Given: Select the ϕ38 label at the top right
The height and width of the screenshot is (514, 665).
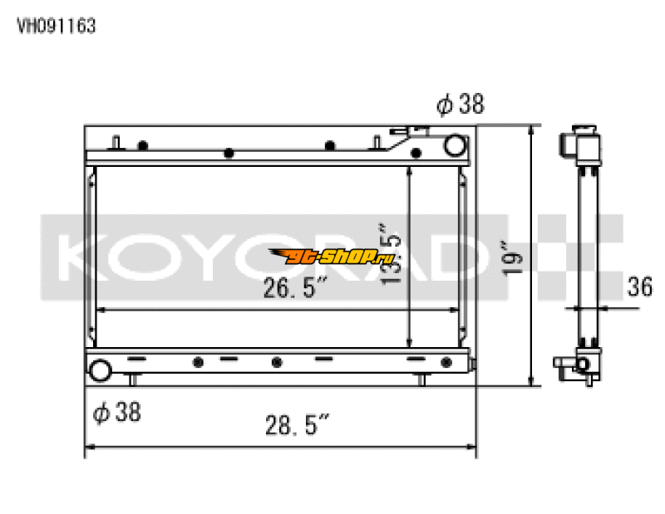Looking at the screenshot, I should (x=460, y=105).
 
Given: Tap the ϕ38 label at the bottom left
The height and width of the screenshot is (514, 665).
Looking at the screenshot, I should (x=116, y=411).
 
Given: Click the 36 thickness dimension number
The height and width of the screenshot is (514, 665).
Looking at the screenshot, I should (x=639, y=287).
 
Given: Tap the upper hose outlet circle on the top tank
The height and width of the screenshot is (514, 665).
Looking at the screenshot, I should (x=455, y=146).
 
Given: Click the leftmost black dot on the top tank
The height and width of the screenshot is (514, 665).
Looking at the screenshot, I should (x=143, y=145).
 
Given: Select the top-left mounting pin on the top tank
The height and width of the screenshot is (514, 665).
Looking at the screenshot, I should (x=116, y=141).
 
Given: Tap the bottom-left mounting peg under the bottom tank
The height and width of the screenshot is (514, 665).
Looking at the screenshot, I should (x=131, y=381).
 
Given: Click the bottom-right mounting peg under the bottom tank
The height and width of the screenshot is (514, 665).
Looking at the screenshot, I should (x=421, y=381).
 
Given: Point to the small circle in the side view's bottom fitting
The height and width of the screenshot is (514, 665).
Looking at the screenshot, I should (x=583, y=365).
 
